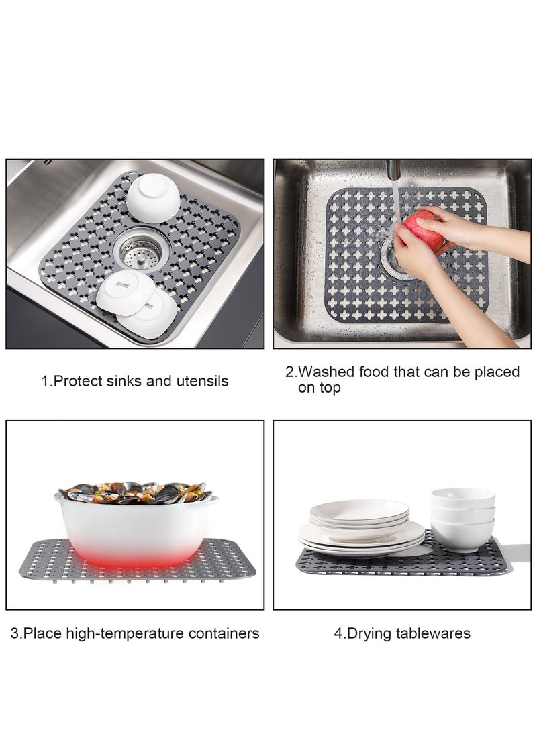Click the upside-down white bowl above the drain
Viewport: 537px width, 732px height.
coord(153,197)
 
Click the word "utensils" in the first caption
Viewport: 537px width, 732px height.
coord(199,382)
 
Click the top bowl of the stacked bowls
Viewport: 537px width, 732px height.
coord(463,498)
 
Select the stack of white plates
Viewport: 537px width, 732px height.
coord(360,527)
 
